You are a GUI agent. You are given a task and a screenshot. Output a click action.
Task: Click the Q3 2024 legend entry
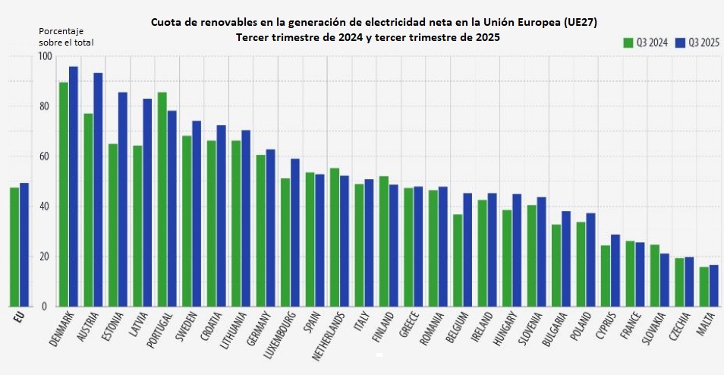pos(645,43)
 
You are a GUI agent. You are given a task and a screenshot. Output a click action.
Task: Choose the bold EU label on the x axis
pos(14,317)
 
